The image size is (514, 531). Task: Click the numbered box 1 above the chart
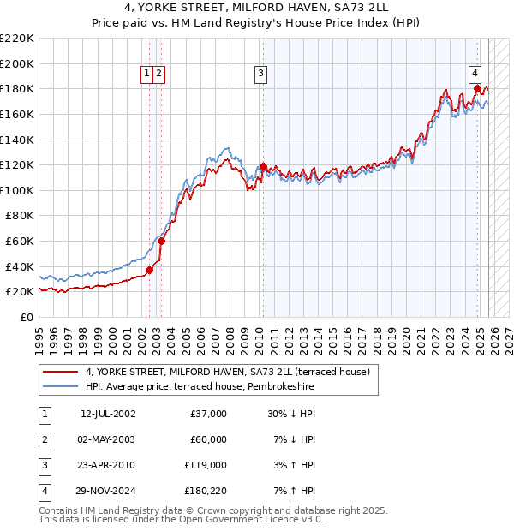click(x=147, y=75)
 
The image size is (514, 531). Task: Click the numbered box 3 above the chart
click(x=260, y=75)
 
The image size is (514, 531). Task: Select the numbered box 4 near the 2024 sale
click(x=475, y=75)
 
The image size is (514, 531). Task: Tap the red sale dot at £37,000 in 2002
click(x=149, y=270)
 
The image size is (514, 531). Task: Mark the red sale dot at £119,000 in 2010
click(x=263, y=166)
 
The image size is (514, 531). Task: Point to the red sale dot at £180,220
click(x=477, y=87)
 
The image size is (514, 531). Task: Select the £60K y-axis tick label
click(x=20, y=242)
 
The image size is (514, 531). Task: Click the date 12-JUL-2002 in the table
click(x=108, y=414)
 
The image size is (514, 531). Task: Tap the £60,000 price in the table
click(x=207, y=439)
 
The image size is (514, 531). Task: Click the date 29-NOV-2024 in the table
click(x=108, y=491)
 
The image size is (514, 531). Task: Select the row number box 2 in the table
click(x=43, y=439)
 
